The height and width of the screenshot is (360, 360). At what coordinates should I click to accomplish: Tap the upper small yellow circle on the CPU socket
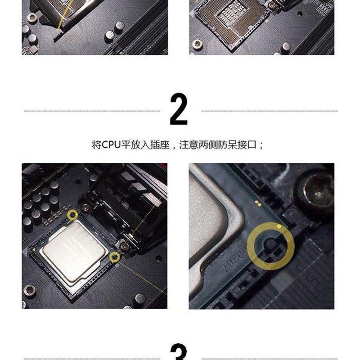[x=72, y=216]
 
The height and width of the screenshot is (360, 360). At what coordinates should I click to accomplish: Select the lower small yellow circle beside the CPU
[x=115, y=257]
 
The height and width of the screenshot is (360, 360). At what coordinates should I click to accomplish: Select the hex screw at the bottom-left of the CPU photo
[x=30, y=290]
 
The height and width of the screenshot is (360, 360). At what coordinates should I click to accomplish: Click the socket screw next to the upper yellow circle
[x=85, y=208]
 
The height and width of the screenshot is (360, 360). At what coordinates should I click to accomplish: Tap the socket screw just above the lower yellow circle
[x=124, y=245]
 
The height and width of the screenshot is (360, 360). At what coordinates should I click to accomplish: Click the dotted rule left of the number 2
[x=92, y=111]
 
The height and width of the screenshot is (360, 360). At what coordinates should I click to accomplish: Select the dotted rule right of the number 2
[x=269, y=111]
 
